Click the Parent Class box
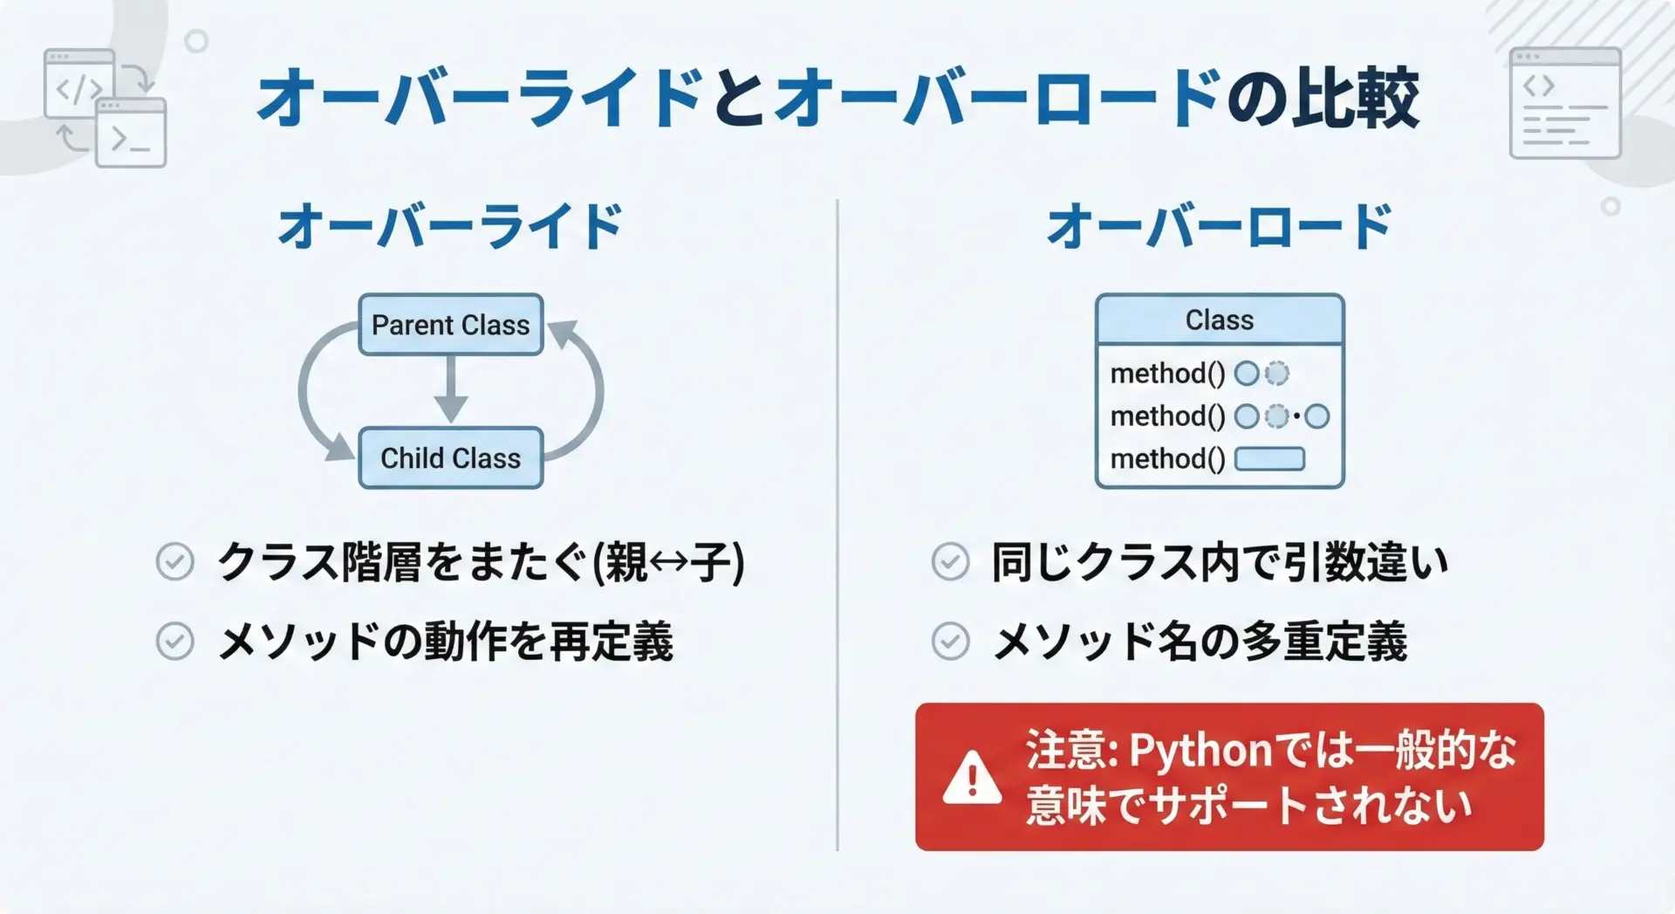click(451, 325)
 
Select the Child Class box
click(451, 457)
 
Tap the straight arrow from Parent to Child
click(451, 390)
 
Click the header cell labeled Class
click(1220, 320)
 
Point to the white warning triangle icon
click(972, 777)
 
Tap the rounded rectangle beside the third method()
click(1270, 458)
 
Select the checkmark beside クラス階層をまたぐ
click(174, 561)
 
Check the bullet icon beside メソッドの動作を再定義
click(174, 642)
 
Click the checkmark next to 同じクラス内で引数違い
click(950, 561)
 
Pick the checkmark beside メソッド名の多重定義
click(950, 642)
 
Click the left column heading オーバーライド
click(450, 226)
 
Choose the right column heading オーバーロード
click(1219, 226)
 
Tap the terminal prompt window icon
click(131, 133)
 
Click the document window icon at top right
click(1565, 103)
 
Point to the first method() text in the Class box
click(1167, 374)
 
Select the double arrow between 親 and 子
click(669, 562)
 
